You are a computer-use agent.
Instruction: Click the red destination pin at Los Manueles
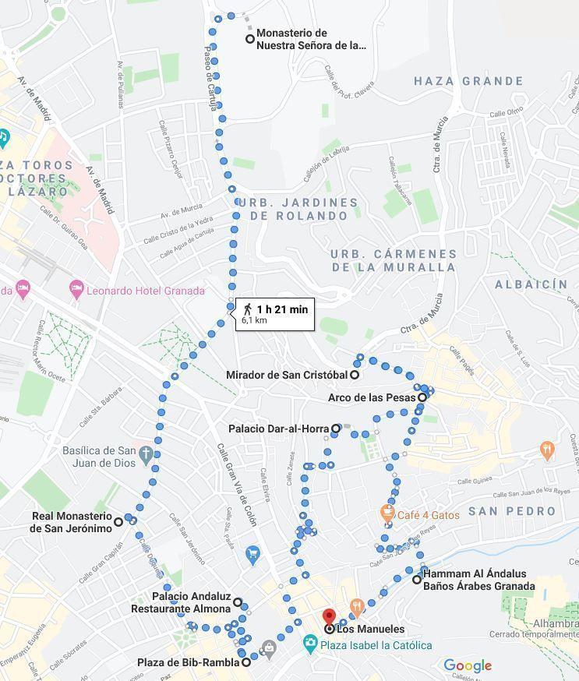pyautogui.click(x=329, y=617)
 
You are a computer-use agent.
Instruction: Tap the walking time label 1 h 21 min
pyautogui.click(x=281, y=309)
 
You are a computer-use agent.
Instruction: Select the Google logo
pyautogui.click(x=468, y=665)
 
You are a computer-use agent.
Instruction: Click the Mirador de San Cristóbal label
pyautogui.click(x=286, y=375)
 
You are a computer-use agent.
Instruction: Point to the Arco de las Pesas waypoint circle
pyautogui.click(x=422, y=397)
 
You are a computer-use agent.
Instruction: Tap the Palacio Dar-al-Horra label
pyautogui.click(x=279, y=429)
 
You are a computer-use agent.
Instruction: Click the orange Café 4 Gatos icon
pyautogui.click(x=387, y=513)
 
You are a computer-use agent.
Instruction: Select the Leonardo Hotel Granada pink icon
pyautogui.click(x=76, y=290)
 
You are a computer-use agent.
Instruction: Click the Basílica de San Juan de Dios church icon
pyautogui.click(x=146, y=452)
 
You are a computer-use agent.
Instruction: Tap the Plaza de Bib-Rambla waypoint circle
pyautogui.click(x=246, y=662)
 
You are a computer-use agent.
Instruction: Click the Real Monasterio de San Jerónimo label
pyautogui.click(x=72, y=522)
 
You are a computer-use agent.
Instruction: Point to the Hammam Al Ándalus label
pyautogui.click(x=478, y=580)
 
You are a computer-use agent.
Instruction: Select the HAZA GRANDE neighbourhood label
pyautogui.click(x=468, y=81)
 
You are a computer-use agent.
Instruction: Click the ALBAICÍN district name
pyautogui.click(x=531, y=284)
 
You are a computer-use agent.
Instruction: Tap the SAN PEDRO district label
pyautogui.click(x=511, y=512)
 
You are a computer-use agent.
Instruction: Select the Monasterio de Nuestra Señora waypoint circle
pyautogui.click(x=250, y=39)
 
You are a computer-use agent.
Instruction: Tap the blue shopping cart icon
pyautogui.click(x=252, y=555)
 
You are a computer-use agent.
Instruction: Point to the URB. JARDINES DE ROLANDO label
pyautogui.click(x=298, y=209)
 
